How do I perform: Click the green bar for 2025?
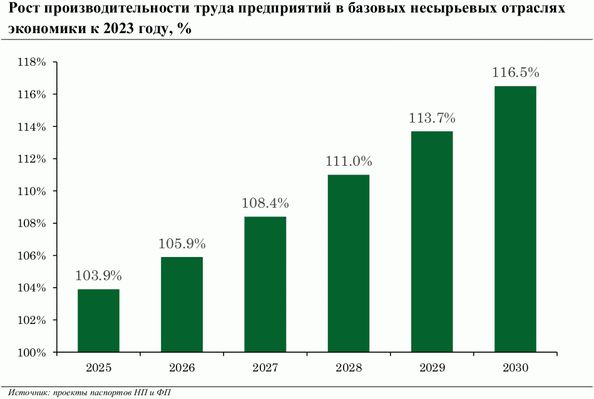[x=98, y=321]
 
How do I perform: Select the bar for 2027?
[x=265, y=285]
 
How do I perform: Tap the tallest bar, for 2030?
[x=515, y=219]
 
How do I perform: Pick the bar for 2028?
[x=349, y=263]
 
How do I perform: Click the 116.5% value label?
[x=515, y=73]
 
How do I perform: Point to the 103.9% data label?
[x=98, y=276]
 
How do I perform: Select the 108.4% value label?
[x=265, y=203]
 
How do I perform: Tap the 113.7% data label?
[x=432, y=118]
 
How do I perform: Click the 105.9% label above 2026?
[x=182, y=244]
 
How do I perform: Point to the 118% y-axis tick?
[x=33, y=63]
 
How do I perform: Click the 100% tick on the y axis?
[x=33, y=353]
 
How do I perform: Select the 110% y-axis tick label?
[x=33, y=191]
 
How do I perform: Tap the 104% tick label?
[x=33, y=288]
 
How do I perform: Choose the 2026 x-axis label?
[x=182, y=368]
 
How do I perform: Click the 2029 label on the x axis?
[x=432, y=368]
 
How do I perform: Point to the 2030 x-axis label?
[x=515, y=368]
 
